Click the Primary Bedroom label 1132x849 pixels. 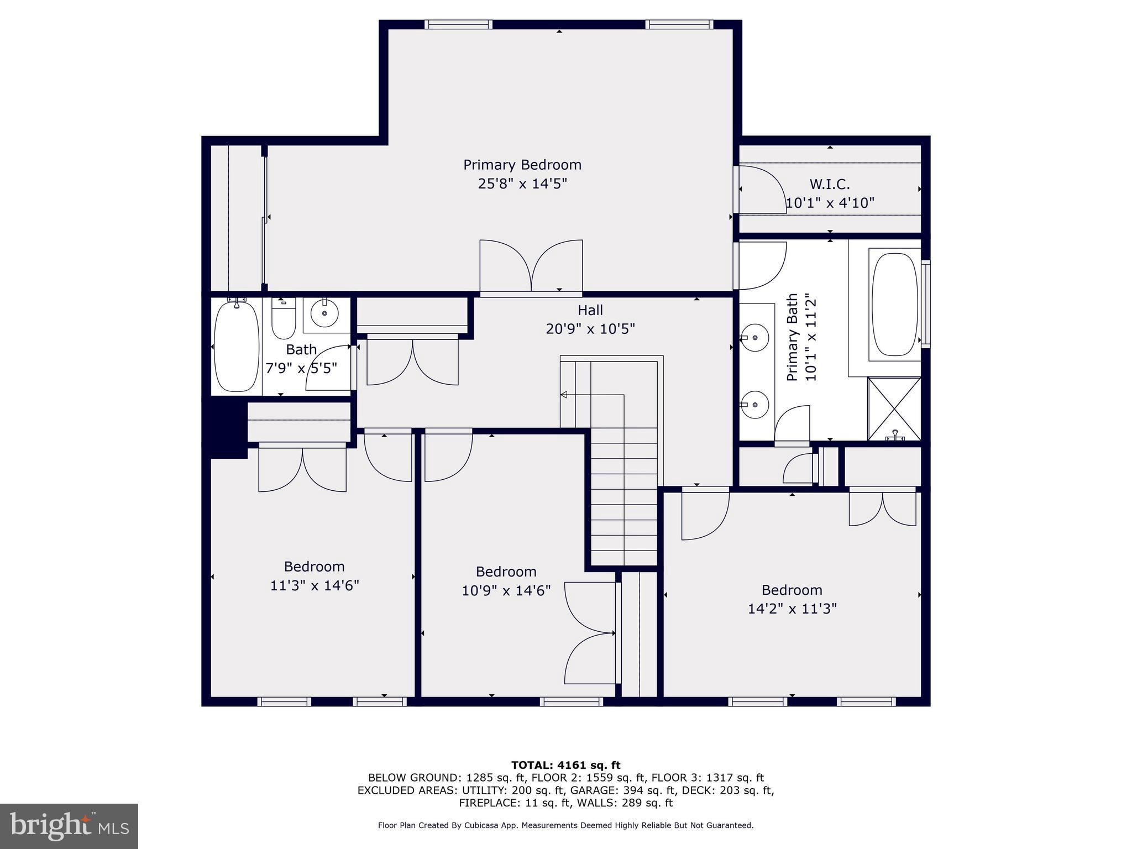click(522, 165)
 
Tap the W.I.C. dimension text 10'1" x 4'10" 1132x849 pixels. click(830, 203)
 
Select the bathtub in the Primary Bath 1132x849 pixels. click(894, 304)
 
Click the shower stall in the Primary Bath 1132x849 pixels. click(894, 408)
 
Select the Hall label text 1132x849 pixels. click(590, 310)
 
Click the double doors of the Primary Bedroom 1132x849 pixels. click(531, 266)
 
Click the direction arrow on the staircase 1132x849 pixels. click(564, 395)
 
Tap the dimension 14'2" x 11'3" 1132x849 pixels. click(792, 609)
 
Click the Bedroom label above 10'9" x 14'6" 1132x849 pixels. click(506, 572)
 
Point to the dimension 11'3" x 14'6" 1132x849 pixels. click(314, 585)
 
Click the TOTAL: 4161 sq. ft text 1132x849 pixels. click(565, 765)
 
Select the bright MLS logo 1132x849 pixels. click(69, 826)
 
